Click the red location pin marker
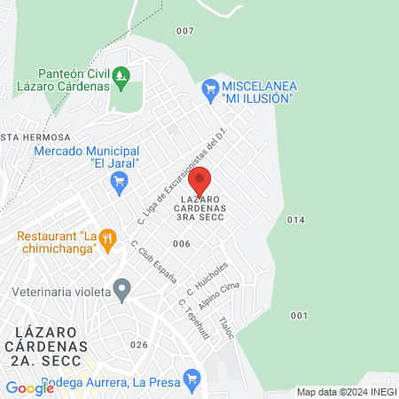pos(199,180)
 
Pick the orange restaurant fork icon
pos(107,237)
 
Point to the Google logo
pos(29,387)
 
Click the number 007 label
pos(184,31)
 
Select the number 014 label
pos(296,219)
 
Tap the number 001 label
pos(299,316)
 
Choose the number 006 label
pos(182,243)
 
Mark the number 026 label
pos(137,345)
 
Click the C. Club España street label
pos(147,260)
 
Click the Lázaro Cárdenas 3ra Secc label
pos(200,207)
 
